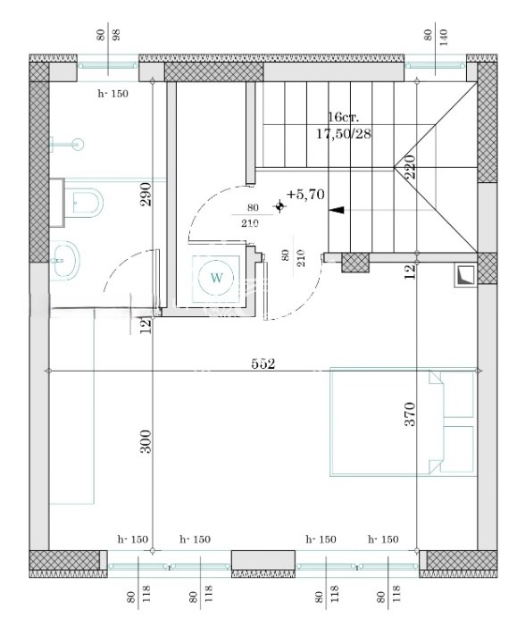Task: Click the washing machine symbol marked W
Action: tap(216, 278)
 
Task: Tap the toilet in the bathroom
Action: tap(83, 203)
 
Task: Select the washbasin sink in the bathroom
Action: tap(65, 260)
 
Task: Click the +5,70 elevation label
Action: tap(305, 195)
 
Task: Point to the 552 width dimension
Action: tap(263, 364)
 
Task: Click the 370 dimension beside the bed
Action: tap(410, 414)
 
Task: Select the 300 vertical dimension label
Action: tap(146, 441)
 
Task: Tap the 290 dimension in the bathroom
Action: tap(146, 195)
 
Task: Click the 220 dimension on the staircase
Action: tap(410, 166)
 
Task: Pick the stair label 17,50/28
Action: tap(344, 134)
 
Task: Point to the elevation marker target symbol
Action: tap(279, 206)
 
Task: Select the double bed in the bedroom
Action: tap(404, 422)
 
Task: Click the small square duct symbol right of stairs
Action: tap(465, 276)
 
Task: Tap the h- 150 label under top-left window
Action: tap(113, 94)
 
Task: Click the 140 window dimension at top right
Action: tap(444, 38)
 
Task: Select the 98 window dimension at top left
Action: tap(117, 35)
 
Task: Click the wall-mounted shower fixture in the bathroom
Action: tap(67, 144)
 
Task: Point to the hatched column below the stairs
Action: tap(355, 263)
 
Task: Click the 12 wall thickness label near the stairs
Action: tap(410, 272)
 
